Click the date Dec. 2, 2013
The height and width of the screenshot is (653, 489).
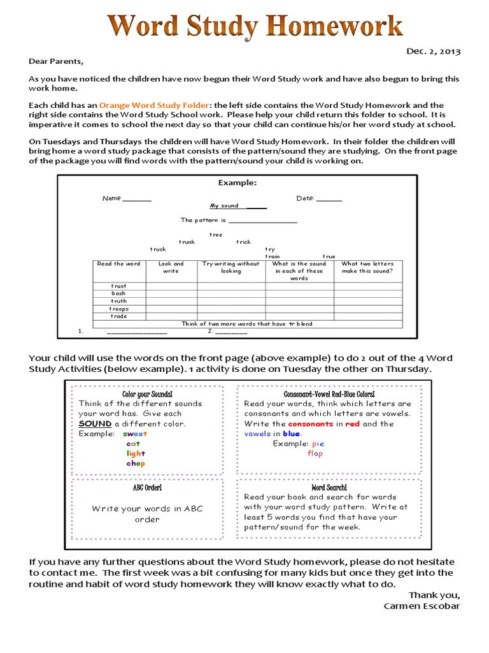point(433,52)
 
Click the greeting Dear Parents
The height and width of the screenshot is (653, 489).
point(56,62)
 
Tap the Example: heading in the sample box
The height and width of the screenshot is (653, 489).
point(237,182)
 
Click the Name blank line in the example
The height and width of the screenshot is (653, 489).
point(137,199)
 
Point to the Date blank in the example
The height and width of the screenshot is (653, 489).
point(329,199)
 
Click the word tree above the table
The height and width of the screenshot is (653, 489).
point(216,235)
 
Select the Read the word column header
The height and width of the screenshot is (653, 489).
point(118,264)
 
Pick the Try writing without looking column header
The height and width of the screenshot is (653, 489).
point(231,267)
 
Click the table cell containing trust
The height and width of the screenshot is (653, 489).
point(118,286)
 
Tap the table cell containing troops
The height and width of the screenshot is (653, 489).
point(118,309)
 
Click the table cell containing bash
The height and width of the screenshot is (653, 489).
point(118,294)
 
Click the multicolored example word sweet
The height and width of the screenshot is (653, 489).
point(135,434)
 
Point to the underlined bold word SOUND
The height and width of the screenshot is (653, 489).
point(95,423)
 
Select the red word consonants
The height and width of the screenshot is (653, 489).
point(310,423)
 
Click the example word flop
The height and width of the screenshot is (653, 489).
point(315,453)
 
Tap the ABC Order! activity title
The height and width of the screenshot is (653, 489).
point(147,488)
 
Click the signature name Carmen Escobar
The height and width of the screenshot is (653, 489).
point(422,606)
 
